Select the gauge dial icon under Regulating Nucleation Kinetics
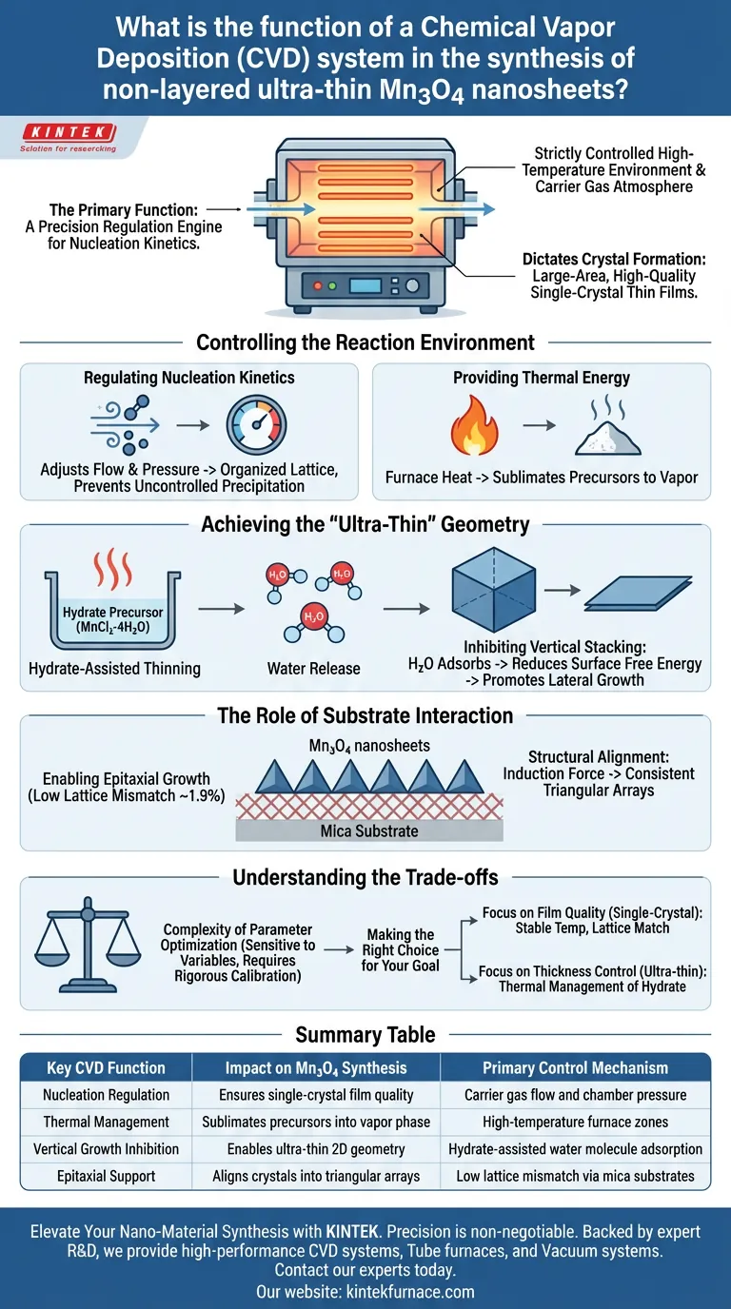(256, 426)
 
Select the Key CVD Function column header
(107, 1067)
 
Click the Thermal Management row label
(107, 1122)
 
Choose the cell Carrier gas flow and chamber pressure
(576, 1095)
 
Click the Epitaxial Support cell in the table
(107, 1176)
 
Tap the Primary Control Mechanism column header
(576, 1067)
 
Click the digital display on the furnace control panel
(365, 285)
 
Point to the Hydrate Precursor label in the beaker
(100, 619)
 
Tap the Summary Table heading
(365, 1034)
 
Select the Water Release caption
(313, 668)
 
